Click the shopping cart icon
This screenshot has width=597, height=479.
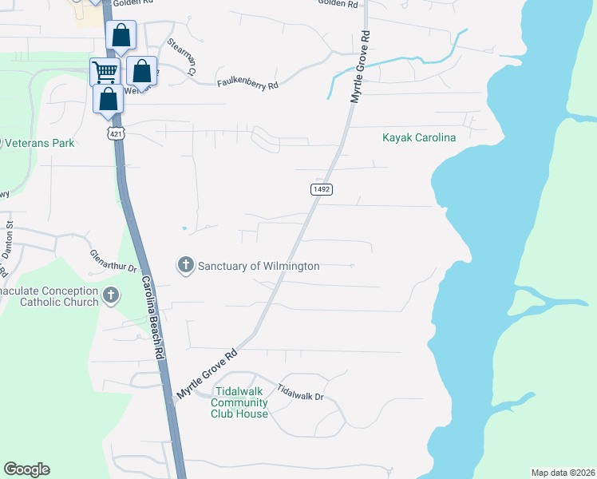(105, 71)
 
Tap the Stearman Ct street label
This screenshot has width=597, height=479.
(180, 55)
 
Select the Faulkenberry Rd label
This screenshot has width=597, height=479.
(247, 84)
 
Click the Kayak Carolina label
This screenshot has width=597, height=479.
(419, 137)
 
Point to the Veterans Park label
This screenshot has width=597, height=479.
(40, 144)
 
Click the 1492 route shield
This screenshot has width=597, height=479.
(321, 189)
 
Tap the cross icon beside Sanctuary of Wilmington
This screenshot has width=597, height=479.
(186, 264)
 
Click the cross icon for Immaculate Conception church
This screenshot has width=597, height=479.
(110, 296)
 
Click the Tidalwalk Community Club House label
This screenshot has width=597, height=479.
(239, 402)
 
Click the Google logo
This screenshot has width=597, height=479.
(26, 469)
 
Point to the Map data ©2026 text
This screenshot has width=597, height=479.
(563, 473)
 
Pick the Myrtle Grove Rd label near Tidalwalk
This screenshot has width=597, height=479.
(208, 374)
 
